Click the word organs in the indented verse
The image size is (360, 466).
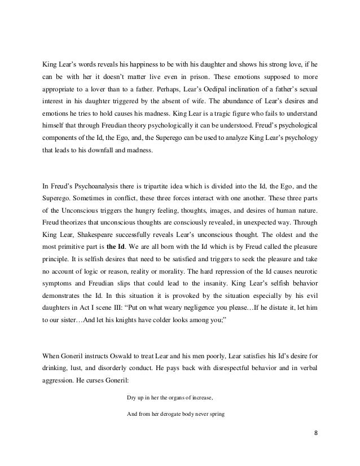pos(168,397)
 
